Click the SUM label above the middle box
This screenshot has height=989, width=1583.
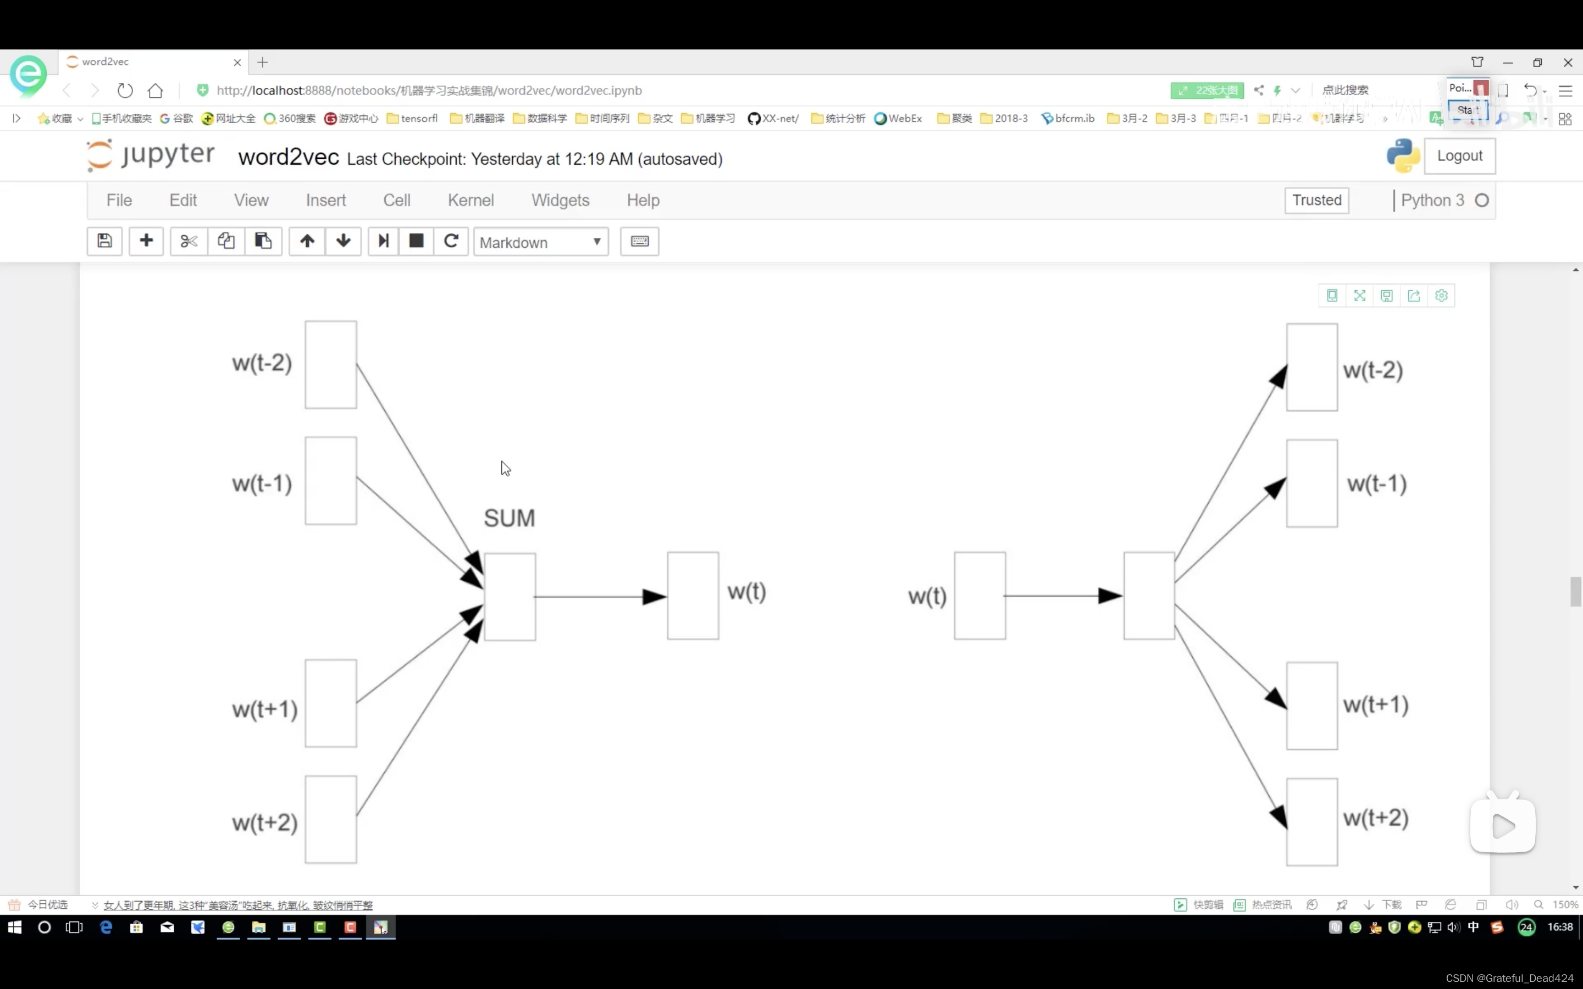pos(509,518)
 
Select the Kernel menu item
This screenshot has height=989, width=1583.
pos(471,200)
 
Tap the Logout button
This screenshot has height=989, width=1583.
pos(1459,155)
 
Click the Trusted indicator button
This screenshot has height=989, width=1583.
pos(1316,200)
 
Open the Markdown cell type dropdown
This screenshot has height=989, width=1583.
pos(540,242)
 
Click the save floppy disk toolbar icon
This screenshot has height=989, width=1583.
pos(104,241)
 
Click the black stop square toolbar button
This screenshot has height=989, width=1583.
pos(416,241)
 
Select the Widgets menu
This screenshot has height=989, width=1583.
pos(560,200)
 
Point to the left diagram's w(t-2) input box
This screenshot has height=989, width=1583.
pos(330,364)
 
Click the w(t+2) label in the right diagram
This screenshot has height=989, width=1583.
pos(1375,818)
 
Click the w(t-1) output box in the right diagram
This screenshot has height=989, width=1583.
pos(1311,484)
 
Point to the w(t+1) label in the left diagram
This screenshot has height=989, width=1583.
pos(264,709)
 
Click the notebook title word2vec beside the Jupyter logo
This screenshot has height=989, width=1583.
pos(288,158)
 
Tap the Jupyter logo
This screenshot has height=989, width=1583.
pos(151,155)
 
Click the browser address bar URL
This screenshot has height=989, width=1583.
pos(429,90)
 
